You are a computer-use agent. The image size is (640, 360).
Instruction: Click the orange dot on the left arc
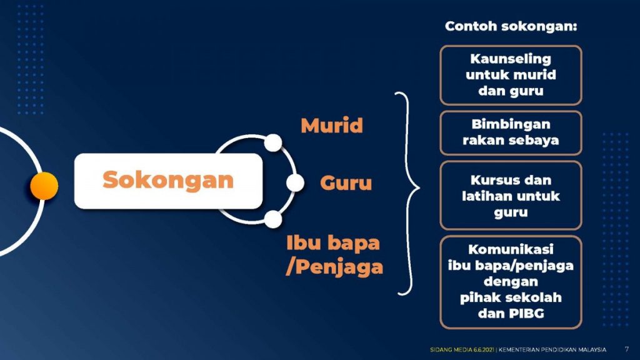[44, 186]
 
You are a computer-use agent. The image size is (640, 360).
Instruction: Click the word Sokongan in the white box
[167, 180]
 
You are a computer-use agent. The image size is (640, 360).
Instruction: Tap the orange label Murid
[332, 125]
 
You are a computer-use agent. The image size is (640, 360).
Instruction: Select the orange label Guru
[346, 183]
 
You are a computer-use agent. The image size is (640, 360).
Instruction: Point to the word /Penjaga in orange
[335, 267]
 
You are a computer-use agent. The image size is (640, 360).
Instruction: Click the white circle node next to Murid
[273, 143]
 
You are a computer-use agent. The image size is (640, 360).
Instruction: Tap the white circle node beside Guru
[295, 183]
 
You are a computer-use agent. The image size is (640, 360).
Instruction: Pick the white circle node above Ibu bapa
[273, 219]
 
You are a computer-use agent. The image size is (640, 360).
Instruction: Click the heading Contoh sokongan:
[511, 26]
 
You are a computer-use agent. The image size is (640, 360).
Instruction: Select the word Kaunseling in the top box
[511, 59]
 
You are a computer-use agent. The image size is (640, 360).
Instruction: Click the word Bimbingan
[511, 124]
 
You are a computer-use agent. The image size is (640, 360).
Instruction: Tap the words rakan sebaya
[511, 141]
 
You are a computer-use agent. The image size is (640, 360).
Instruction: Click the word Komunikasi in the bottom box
[511, 249]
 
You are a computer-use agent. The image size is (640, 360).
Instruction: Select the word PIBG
[526, 314]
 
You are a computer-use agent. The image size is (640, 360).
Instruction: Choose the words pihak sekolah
[511, 297]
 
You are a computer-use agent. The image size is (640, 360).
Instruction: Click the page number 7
[626, 349]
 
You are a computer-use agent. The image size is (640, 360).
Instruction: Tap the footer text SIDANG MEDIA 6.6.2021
[462, 350]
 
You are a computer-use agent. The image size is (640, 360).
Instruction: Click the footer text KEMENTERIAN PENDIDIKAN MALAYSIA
[552, 350]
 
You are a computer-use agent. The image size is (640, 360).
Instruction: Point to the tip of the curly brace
[419, 188]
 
